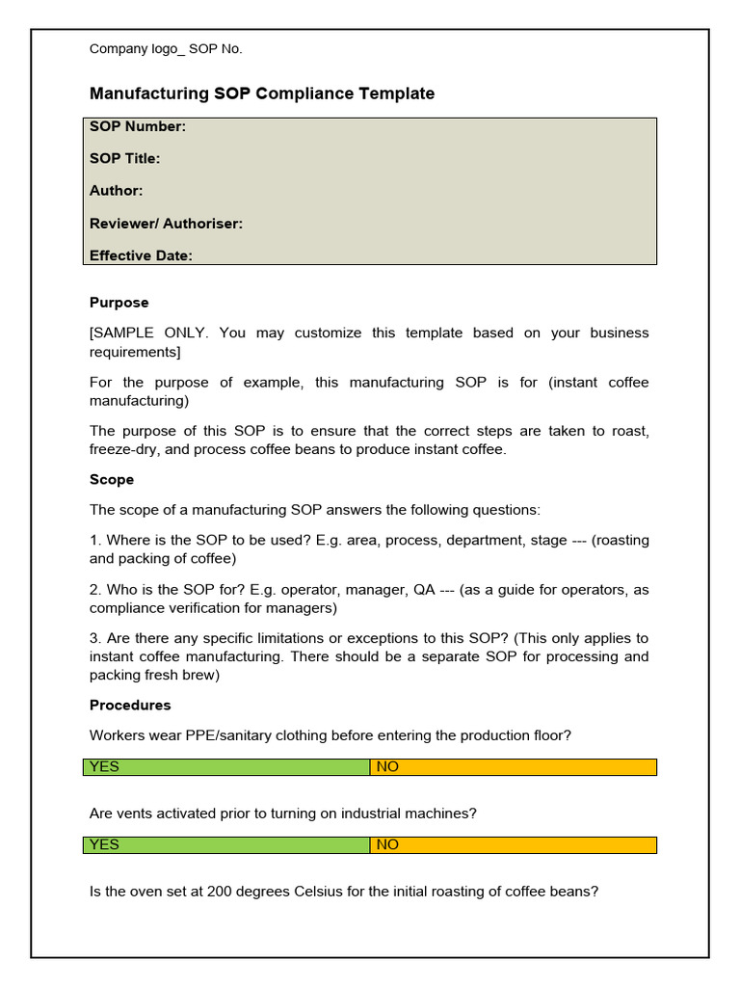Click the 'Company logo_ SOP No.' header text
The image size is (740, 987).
(166, 49)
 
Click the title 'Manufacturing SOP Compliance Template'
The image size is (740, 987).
(262, 93)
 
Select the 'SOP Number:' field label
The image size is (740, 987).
(138, 126)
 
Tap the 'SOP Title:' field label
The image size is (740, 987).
(125, 158)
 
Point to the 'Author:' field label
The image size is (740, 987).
(117, 191)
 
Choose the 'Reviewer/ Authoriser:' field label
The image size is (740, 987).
(166, 224)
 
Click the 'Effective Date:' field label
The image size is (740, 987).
(141, 255)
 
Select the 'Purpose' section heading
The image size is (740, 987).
(119, 303)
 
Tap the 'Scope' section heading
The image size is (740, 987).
(112, 480)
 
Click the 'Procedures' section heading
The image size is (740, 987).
(130, 706)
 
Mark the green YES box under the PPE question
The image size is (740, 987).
(226, 767)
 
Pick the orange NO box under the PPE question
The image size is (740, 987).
(513, 767)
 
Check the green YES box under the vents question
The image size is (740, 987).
(226, 844)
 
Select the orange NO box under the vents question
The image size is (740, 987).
(513, 844)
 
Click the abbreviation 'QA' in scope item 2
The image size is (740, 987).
(425, 590)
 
